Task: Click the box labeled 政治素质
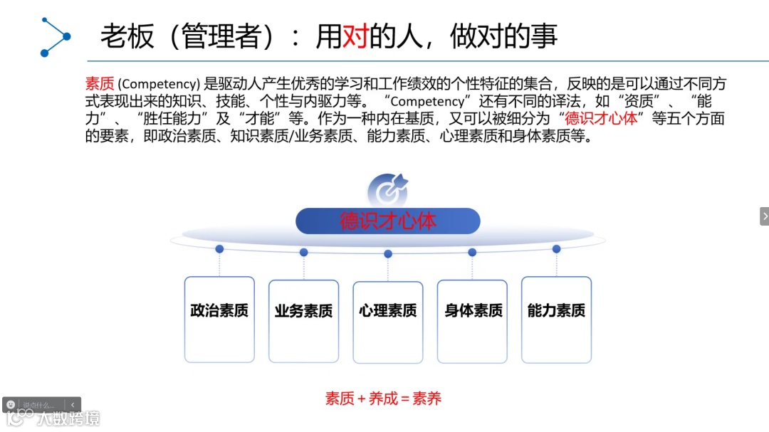219,319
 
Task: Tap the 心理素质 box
388,322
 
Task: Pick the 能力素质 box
556,319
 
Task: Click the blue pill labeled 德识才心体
387,221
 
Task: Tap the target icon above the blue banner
387,190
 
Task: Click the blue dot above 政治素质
219,249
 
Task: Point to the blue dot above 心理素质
388,253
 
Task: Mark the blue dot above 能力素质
556,249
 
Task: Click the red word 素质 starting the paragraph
100,84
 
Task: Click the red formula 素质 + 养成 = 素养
384,399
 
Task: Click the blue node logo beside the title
55,36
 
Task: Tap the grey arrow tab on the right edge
764,216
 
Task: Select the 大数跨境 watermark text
69,418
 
